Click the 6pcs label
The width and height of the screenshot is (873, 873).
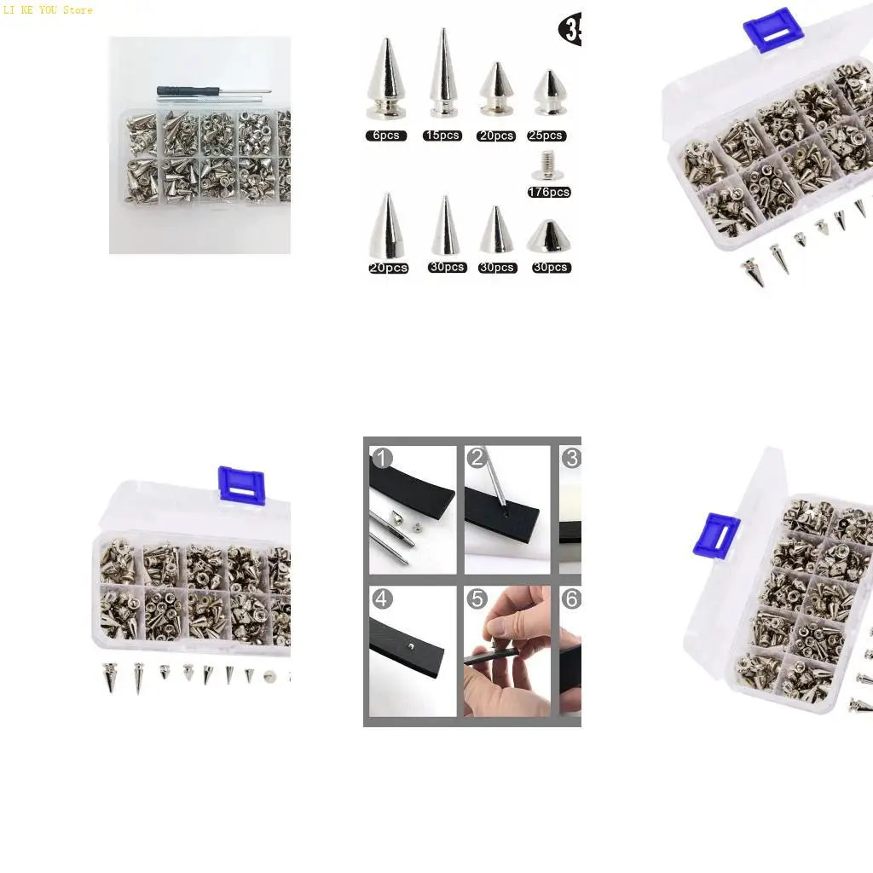[386, 136]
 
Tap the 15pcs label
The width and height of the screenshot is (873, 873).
[442, 136]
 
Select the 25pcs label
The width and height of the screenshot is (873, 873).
[546, 136]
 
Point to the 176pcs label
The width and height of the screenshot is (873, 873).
[549, 193]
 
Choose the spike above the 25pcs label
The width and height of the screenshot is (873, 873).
[550, 94]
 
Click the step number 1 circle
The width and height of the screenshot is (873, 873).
[382, 459]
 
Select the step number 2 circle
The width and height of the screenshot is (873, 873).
[477, 459]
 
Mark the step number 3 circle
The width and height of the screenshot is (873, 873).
[571, 459]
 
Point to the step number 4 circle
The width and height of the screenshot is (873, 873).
[382, 599]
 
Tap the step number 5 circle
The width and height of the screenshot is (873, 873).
[477, 599]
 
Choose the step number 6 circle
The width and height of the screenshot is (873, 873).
[571, 599]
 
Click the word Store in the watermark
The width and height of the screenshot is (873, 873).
[78, 10]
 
